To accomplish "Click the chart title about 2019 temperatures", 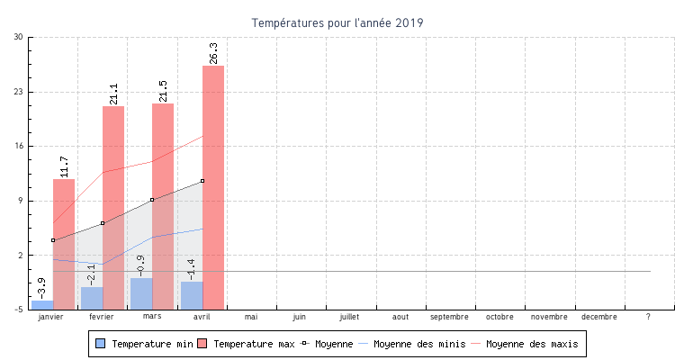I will pos(337,22).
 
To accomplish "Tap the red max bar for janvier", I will pos(64,244).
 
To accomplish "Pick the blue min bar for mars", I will pos(141,293).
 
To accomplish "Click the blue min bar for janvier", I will pos(42,305).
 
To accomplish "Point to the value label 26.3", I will pos(213,53).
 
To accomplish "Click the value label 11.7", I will pos(64,166).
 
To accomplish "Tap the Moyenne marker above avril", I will pos(202,181).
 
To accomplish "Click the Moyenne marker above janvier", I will pos(53,240).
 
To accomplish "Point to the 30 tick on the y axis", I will pos(19,37).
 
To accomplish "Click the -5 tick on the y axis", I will pos(19,310).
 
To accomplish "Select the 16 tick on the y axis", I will pos(19,146).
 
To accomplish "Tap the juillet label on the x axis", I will pos(349,318).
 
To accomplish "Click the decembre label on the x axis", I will pos(598,318).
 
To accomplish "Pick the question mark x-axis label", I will pos(648,318).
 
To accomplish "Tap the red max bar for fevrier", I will pos(113,208).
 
